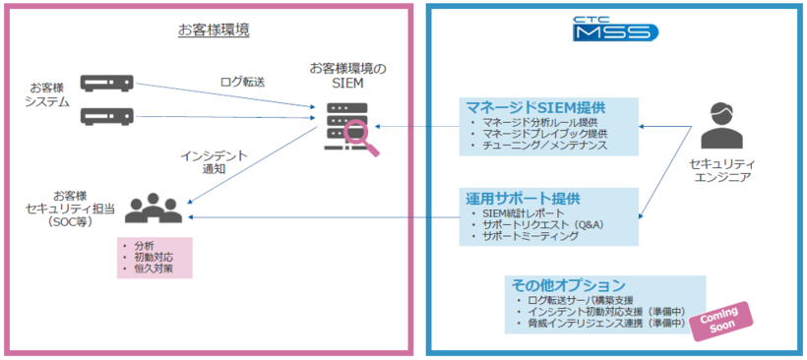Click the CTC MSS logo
pos(615,30)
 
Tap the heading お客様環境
pos(214,30)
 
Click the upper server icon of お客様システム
pos(106,82)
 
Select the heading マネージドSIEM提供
pos(535,107)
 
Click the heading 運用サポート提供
pos(524,198)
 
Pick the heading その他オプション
pos(568,284)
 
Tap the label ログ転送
pos(241,83)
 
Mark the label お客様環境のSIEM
pos(348,76)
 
